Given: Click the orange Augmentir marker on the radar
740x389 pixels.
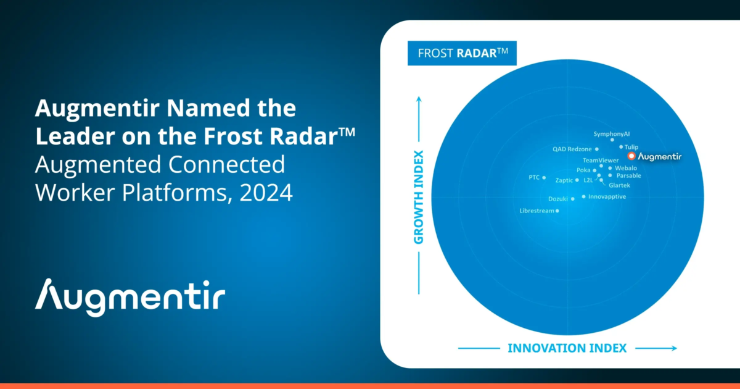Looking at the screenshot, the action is (631, 156).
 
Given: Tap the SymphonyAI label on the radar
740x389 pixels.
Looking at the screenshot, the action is (612, 134).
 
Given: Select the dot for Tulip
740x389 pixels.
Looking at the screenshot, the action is (621, 147).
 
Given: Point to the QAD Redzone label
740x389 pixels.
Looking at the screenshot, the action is (572, 149).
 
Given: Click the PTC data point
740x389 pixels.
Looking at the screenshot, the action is (544, 178).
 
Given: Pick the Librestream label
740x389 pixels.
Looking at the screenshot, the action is (537, 211).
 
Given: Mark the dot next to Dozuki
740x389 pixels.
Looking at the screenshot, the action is (573, 199).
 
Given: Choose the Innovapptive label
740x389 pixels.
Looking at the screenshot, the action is (607, 197).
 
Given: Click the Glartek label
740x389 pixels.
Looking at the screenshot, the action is (619, 185).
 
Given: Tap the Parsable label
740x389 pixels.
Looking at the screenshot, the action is (628, 175).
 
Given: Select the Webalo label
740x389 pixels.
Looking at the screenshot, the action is (626, 168).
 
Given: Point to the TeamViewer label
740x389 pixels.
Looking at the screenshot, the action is (601, 161).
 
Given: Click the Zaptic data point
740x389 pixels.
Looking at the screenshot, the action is (577, 180).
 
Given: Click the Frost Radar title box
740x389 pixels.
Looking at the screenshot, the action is (462, 53).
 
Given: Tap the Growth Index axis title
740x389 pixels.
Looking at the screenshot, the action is (419, 198).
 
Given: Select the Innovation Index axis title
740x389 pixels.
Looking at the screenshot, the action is (567, 348).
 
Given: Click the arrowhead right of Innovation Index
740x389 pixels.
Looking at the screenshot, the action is (674, 348).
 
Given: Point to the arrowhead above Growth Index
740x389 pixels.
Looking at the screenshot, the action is (419, 99).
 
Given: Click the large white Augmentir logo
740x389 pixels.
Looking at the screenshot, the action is (130, 298).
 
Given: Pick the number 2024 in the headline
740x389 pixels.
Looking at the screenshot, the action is (266, 193).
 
